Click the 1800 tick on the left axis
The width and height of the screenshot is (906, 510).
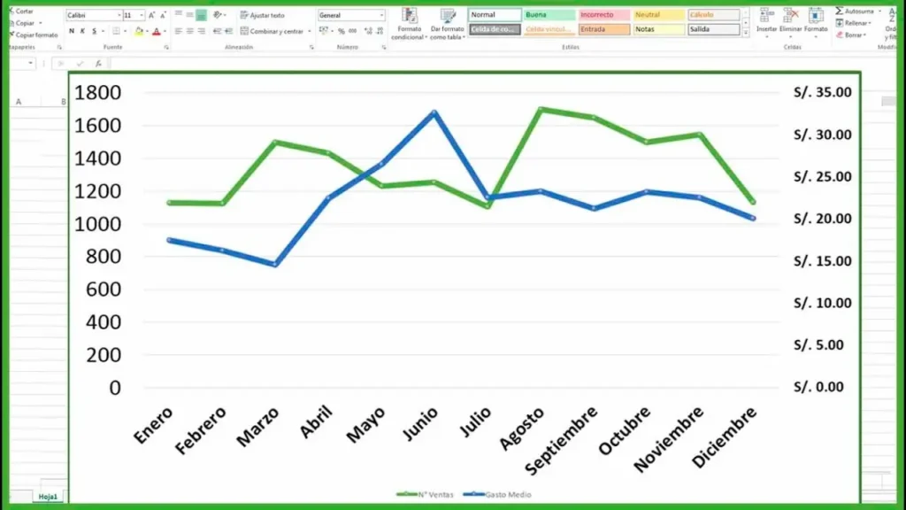[97, 93]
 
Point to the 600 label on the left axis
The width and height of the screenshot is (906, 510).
[103, 290]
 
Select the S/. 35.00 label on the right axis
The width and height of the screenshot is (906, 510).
[822, 92]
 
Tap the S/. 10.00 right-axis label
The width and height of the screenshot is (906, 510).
[822, 303]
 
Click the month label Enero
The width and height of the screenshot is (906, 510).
[153, 425]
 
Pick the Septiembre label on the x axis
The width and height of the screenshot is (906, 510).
[561, 440]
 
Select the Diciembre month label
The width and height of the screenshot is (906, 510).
[725, 437]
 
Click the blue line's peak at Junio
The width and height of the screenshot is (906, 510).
[434, 112]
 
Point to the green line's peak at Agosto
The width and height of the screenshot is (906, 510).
[541, 110]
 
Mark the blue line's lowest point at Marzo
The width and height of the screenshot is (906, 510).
[275, 264]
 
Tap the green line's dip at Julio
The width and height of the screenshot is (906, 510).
[487, 206]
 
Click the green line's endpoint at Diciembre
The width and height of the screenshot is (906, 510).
[753, 202]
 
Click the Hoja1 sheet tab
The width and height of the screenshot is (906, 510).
[47, 497]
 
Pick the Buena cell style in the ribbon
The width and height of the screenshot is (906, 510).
[549, 15]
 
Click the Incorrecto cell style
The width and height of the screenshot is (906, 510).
[603, 15]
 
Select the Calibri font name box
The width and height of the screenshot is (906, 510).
[92, 16]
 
